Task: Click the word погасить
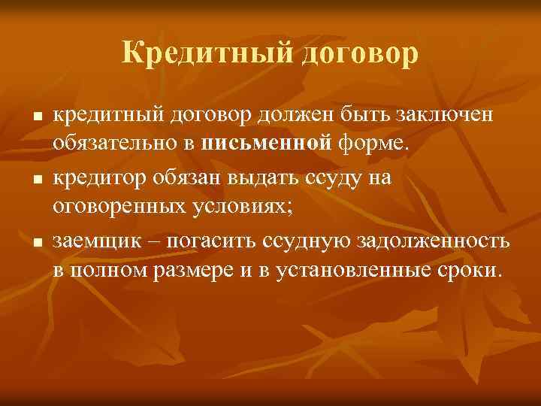click(x=212, y=240)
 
